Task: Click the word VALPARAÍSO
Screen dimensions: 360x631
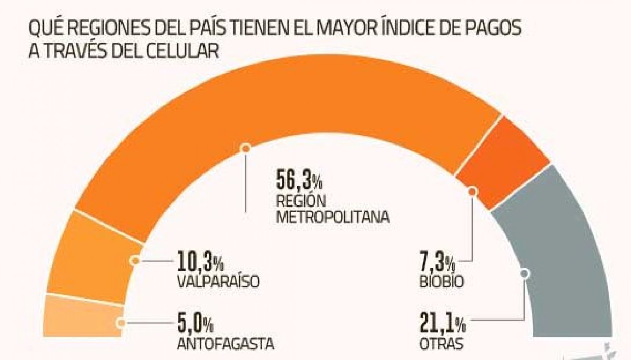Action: tap(219, 281)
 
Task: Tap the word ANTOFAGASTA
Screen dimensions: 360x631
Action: tap(226, 344)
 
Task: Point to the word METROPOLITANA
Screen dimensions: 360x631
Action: tap(333, 217)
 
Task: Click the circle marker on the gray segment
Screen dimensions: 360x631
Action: tap(524, 273)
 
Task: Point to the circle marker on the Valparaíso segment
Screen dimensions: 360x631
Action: tap(135, 260)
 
